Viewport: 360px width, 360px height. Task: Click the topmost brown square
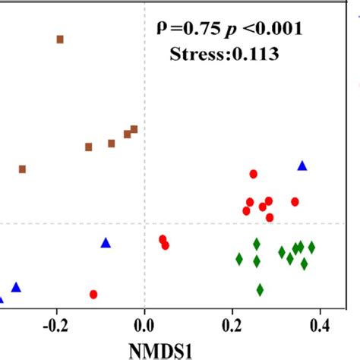pos(60,39)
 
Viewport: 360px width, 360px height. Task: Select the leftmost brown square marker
pos(22,169)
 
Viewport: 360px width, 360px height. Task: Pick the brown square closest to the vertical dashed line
pos(134,129)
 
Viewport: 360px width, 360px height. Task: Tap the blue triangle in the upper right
pos(302,166)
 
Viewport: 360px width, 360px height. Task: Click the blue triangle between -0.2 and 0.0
pos(106,243)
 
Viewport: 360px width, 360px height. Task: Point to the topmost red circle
pos(253,174)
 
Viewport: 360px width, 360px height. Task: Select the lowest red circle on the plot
pos(93,294)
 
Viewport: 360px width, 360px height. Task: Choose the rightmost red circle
pos(295,201)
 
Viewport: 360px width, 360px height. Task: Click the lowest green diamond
pos(260,289)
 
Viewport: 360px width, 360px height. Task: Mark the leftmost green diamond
pos(239,259)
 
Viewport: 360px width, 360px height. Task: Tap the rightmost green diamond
pos(311,248)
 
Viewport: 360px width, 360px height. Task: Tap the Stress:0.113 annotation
pos(226,54)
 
